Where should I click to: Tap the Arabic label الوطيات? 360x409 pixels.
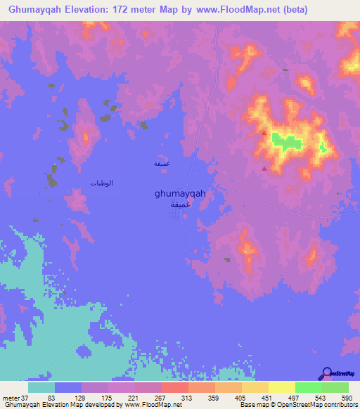(x=102, y=183)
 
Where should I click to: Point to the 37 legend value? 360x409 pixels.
(x=22, y=398)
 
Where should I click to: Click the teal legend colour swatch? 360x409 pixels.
(x=41, y=387)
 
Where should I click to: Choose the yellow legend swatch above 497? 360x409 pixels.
(x=281, y=387)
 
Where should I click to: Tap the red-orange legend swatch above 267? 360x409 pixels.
(x=174, y=387)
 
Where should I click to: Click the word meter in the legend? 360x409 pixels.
(x=8, y=398)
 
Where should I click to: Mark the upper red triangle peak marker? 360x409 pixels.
(x=264, y=131)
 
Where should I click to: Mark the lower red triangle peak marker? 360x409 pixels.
(x=264, y=168)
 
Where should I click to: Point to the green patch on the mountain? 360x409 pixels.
(x=285, y=141)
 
